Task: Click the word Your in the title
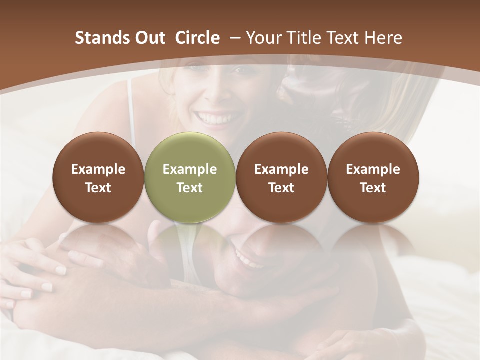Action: [x=262, y=38]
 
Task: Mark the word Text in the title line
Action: [x=343, y=38]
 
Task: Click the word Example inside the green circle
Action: [x=189, y=169]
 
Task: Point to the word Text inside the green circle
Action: [x=189, y=188]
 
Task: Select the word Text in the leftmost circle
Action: [x=98, y=188]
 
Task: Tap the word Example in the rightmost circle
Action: [x=373, y=169]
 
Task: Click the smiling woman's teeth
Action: [x=214, y=119]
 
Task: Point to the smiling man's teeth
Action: [x=244, y=259]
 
